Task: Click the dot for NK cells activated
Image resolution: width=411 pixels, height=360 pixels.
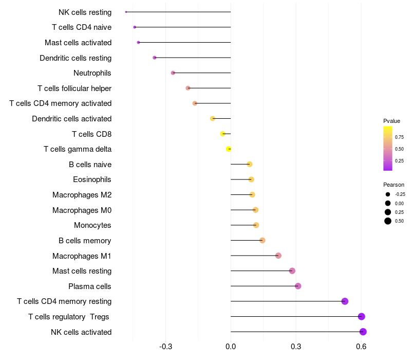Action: click(363, 332)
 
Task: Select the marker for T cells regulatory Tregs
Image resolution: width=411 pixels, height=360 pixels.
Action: click(362, 317)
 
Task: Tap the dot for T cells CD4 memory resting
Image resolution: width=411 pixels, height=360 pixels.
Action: click(345, 301)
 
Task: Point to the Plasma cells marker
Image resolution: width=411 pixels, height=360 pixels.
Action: click(298, 286)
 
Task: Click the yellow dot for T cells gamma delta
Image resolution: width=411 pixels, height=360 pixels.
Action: click(229, 149)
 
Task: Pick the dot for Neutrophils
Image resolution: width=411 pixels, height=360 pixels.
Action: click(173, 73)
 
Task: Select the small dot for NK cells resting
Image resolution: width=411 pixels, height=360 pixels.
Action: click(126, 12)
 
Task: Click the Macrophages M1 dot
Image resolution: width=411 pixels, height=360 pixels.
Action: click(278, 256)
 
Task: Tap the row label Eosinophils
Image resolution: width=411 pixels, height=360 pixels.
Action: click(92, 179)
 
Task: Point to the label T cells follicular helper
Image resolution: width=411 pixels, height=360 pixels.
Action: click(74, 88)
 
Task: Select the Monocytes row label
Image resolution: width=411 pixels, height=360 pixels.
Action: click(92, 225)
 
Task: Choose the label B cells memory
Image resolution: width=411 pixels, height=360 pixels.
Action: click(85, 241)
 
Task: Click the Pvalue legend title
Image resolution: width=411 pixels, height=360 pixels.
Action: click(391, 121)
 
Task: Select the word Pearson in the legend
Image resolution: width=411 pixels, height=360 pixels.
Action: click(394, 185)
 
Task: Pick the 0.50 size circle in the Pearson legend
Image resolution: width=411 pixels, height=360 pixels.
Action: click(387, 221)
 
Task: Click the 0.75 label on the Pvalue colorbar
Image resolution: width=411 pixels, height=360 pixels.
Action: click(399, 137)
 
